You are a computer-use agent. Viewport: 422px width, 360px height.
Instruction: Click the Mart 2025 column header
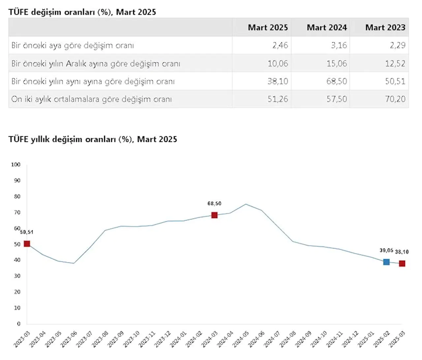268,27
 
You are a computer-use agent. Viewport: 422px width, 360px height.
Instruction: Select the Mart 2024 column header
327,27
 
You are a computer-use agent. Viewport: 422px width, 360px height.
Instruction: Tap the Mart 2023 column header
385,27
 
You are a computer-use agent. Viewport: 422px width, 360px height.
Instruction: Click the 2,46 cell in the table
280,45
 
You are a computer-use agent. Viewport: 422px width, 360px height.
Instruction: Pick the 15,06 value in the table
337,63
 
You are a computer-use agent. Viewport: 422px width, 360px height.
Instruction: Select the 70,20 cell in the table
395,99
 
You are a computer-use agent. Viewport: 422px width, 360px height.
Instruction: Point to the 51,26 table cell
278,99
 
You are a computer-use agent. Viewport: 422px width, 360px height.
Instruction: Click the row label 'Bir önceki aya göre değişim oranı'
73,45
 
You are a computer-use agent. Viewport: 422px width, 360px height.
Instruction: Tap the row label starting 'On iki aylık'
91,99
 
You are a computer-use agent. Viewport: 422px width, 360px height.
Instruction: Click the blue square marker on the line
386,262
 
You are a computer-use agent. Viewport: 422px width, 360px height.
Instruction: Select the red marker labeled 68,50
214,215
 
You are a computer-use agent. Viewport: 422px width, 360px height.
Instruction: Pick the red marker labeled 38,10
402,263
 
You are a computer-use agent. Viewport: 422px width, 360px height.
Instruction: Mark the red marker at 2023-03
27,244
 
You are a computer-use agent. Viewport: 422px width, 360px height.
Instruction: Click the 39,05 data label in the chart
386,251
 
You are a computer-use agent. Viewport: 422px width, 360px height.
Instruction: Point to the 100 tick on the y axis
16,164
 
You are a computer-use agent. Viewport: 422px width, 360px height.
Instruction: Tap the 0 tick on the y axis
19,324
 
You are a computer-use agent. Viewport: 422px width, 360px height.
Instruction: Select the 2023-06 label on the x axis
69,339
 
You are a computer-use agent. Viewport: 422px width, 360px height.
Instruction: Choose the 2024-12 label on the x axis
350,339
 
